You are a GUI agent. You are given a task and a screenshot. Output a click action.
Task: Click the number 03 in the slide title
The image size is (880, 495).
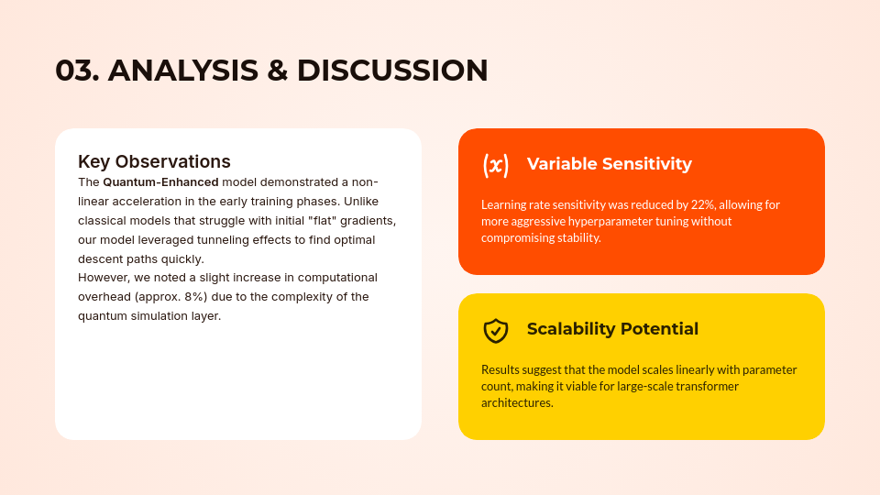point(76,71)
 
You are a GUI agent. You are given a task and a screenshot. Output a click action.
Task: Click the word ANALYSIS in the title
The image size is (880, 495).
point(182,71)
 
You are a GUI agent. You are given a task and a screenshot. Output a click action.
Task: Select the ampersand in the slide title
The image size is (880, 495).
point(277,71)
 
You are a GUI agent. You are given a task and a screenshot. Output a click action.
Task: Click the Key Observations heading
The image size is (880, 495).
point(154,161)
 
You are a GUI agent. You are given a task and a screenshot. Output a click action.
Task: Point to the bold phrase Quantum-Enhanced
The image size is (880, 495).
point(160,181)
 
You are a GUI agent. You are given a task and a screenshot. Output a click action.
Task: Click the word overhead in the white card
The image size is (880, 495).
point(104,296)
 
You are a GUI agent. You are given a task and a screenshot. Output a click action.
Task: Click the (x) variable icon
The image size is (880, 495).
point(496,165)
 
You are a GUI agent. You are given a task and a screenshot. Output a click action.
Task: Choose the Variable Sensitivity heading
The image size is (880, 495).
point(609,164)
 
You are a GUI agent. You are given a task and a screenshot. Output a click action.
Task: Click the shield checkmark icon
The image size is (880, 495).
point(496,330)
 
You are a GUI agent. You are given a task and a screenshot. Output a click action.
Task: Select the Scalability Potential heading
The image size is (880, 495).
point(612,329)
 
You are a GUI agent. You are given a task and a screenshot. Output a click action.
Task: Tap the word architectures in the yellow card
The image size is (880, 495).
point(516,402)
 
